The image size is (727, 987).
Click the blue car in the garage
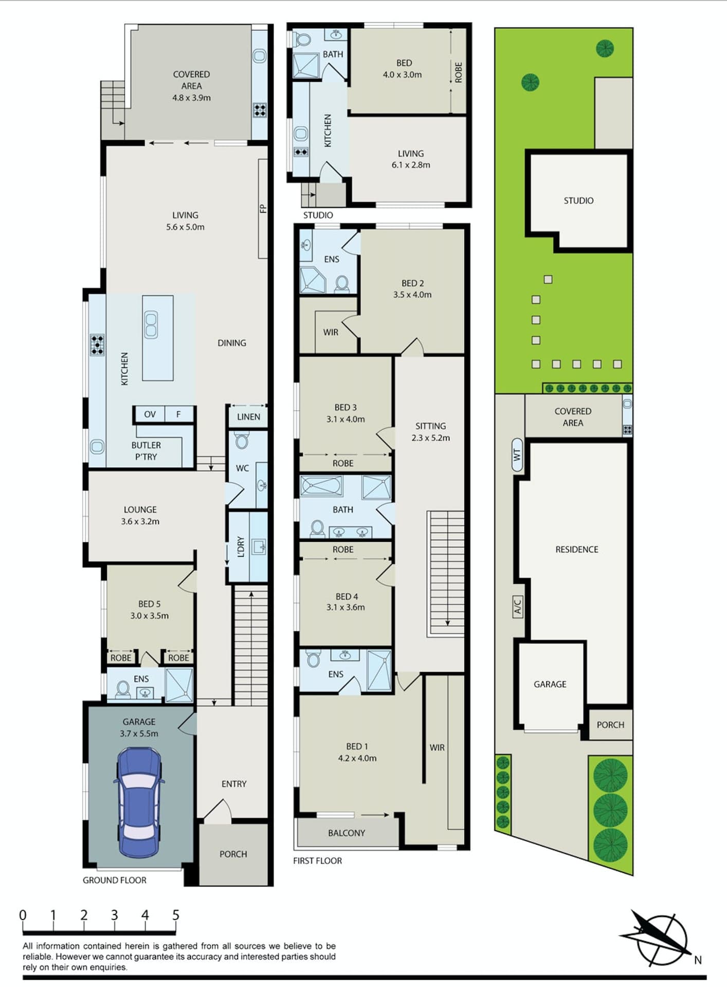click(139, 803)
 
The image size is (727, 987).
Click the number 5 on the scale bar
click(175, 915)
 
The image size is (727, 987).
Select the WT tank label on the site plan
click(517, 455)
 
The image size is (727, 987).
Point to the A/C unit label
click(518, 607)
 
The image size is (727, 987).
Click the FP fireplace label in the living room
click(263, 208)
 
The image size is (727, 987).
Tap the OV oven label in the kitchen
click(150, 414)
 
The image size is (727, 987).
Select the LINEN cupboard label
click(248, 417)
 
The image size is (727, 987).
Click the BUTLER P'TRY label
click(146, 451)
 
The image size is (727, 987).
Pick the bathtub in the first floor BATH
click(322, 486)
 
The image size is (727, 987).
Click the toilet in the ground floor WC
click(241, 441)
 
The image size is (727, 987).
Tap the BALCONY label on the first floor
click(347, 833)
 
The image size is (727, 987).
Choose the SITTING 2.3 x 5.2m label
click(430, 432)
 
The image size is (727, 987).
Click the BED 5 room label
click(149, 610)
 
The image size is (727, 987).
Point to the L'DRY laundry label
click(241, 547)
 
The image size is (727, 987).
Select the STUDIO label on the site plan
click(578, 200)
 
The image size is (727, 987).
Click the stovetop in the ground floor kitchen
click(97, 345)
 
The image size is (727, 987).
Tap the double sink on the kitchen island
click(151, 325)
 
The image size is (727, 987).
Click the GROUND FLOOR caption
click(115, 880)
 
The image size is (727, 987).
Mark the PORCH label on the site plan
click(610, 725)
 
